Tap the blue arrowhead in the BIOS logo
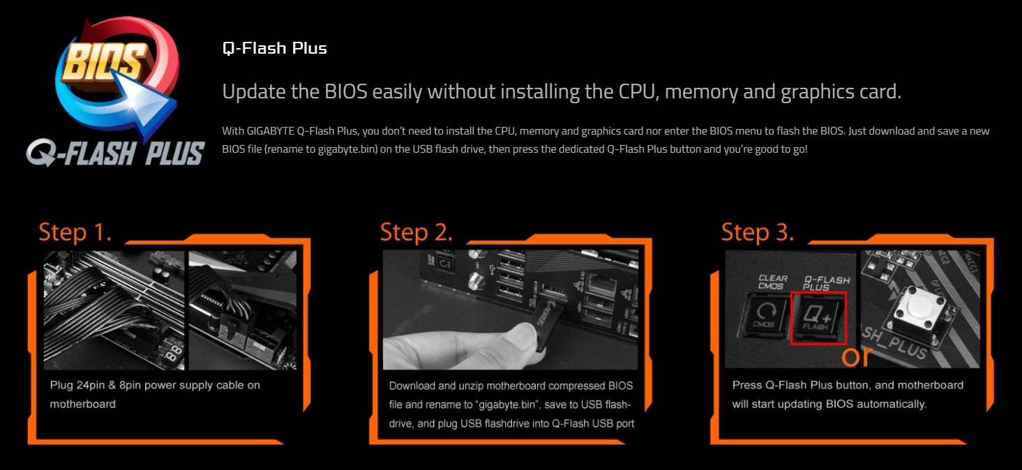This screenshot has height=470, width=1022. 145,104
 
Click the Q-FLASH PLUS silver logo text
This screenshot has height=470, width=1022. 115,153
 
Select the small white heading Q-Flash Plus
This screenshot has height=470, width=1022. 274,48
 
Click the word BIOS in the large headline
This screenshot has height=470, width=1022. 346,91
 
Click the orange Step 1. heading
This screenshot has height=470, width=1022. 75,232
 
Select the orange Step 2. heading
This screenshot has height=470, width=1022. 416,232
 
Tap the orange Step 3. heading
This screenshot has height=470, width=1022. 758,232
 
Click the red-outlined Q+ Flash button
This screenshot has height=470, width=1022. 818,318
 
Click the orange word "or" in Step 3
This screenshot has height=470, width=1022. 857,357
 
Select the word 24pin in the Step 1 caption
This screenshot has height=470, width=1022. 91,385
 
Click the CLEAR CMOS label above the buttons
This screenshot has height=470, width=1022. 772,282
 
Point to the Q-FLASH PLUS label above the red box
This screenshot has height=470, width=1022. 826,283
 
